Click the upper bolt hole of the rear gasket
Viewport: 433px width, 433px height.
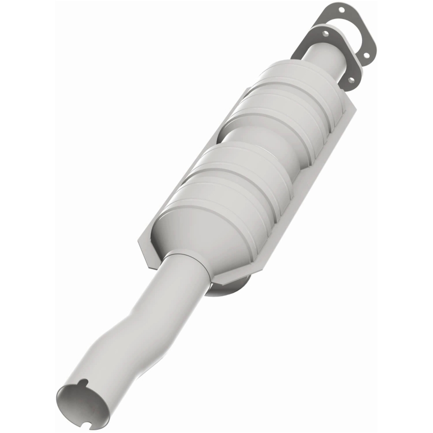click(x=342, y=10)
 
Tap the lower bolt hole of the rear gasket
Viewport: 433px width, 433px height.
click(x=366, y=55)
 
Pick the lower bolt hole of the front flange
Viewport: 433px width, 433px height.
click(x=351, y=80)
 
